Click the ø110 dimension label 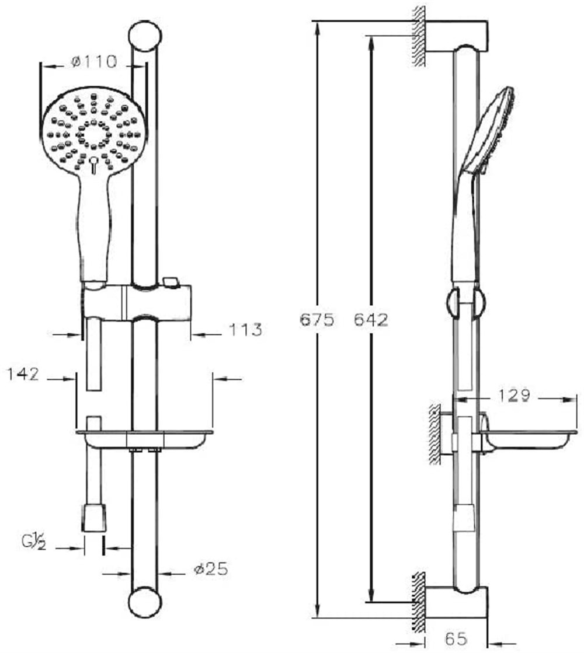(x=94, y=62)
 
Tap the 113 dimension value (x=245, y=329)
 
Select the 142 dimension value (x=23, y=373)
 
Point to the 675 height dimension (x=317, y=320)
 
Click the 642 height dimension (x=371, y=320)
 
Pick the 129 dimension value (x=513, y=395)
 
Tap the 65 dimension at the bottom (x=456, y=638)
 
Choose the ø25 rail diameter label (x=211, y=569)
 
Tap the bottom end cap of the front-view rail (x=145, y=603)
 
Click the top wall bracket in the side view (x=457, y=36)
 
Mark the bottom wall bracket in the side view (x=457, y=603)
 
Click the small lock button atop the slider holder (x=171, y=281)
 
